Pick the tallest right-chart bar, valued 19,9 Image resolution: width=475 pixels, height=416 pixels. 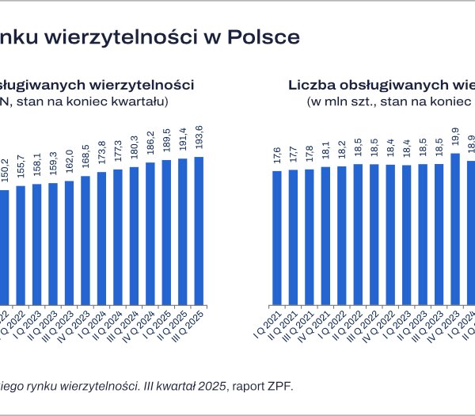point(454,229)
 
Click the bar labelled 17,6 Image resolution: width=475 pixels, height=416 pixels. point(277,238)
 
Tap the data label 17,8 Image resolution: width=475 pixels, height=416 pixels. point(310,152)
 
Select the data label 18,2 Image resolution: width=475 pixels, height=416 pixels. point(341,150)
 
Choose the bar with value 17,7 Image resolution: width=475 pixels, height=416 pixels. point(293,237)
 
